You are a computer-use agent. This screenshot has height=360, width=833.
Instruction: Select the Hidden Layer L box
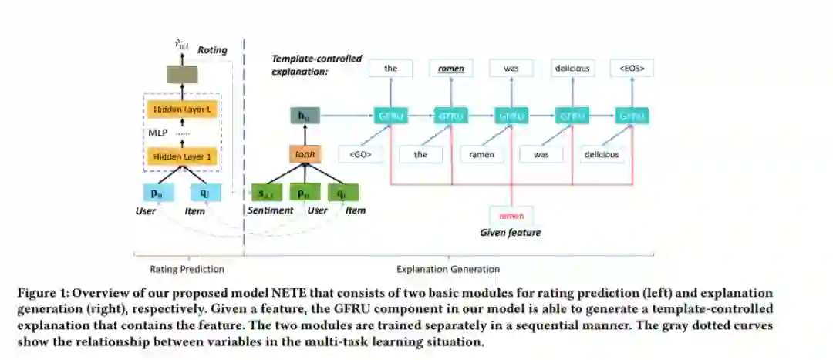pos(182,109)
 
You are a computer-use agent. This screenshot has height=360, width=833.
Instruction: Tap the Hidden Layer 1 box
pos(182,156)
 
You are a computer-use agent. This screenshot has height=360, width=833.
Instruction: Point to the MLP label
pos(157,133)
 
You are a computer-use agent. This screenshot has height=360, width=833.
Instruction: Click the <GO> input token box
pos(360,154)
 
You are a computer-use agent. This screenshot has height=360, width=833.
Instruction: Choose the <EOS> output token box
pos(631,68)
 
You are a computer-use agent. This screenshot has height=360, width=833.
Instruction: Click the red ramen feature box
pos(511,216)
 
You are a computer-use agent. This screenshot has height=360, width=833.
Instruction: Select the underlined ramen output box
pos(450,68)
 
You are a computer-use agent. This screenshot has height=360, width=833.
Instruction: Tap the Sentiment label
pos(270,210)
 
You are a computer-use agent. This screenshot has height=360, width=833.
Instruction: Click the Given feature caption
pos(510,232)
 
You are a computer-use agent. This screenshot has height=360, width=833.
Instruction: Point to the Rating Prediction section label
pos(187,269)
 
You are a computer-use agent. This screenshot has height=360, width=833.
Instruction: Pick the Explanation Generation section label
pos(447,269)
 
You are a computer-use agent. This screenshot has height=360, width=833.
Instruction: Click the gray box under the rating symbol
pos(182,75)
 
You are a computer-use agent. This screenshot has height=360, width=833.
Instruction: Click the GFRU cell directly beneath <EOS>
pos(632,116)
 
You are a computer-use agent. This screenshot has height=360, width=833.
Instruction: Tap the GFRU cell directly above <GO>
pos(390,116)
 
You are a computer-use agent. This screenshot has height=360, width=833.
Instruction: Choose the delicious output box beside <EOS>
pos(572,68)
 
